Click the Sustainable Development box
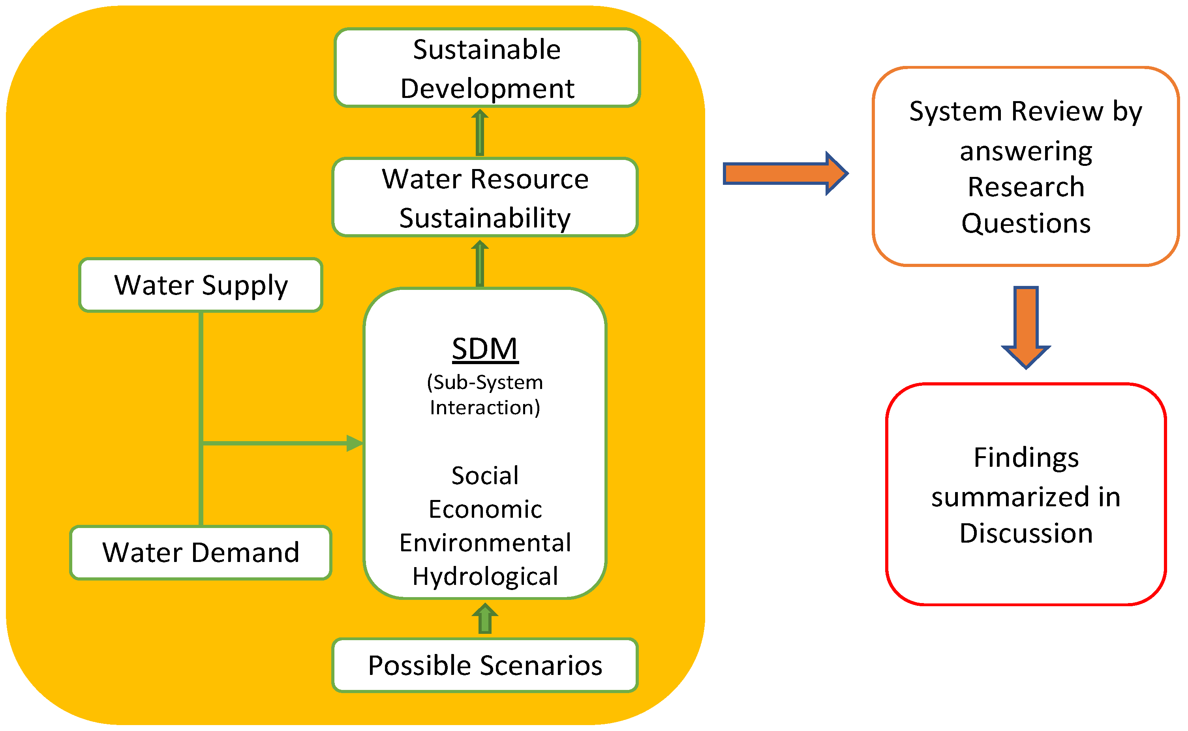coord(487,68)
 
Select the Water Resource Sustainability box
coord(485,197)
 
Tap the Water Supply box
coord(201,285)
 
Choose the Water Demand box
coord(201,552)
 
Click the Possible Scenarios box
coord(485,665)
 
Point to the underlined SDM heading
coord(485,349)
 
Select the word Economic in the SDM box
coord(485,509)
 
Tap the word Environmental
coord(485,543)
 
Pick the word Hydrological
coord(485,576)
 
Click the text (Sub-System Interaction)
coord(485,395)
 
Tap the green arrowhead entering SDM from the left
coord(354,443)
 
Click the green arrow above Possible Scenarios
coord(485,618)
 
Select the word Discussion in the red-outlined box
coord(1026,533)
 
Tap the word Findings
coord(1026,457)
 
